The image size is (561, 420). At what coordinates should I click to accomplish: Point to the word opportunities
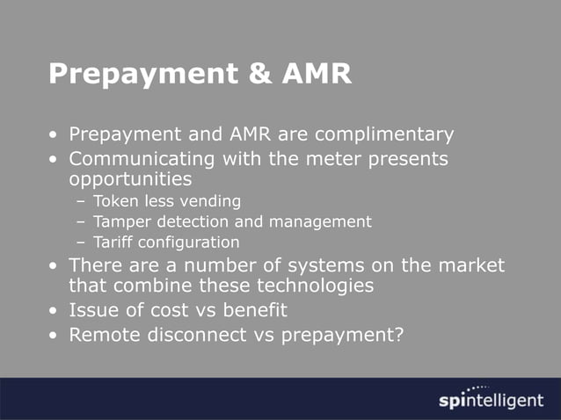pos(130,180)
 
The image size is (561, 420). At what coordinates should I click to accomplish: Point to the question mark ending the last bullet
pos(399,335)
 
